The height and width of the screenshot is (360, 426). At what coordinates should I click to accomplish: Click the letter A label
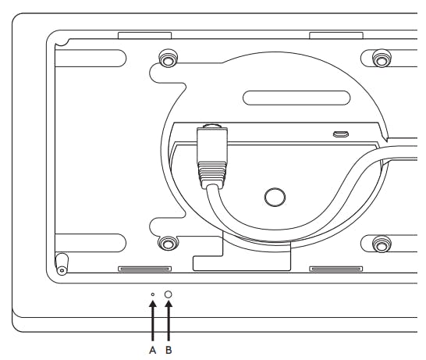[x=153, y=350]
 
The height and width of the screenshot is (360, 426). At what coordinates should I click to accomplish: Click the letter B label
[x=169, y=350]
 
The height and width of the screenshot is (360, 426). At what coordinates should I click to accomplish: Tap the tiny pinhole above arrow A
[x=153, y=294]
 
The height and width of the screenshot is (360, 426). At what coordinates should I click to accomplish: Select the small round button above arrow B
[x=169, y=294]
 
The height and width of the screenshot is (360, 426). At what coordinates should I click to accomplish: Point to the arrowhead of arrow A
[x=153, y=304]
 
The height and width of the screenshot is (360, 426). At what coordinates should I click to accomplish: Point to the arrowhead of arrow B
[x=169, y=304]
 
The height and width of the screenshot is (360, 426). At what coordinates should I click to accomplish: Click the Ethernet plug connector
[x=212, y=158]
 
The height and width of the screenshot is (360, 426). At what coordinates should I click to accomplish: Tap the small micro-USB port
[x=341, y=134]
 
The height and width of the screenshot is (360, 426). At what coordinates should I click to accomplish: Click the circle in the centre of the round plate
[x=275, y=197]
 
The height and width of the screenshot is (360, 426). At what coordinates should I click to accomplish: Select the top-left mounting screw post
[x=169, y=59]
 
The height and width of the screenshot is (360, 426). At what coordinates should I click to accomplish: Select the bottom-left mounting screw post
[x=168, y=244]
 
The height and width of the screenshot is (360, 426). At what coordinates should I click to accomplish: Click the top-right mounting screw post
[x=382, y=59]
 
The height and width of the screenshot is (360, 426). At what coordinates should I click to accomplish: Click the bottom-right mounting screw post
[x=382, y=244]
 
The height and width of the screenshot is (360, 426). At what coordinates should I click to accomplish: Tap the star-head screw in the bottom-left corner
[x=62, y=270]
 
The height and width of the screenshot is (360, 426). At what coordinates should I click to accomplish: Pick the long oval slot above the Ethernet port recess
[x=296, y=98]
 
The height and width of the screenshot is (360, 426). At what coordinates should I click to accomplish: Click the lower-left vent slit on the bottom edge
[x=145, y=269]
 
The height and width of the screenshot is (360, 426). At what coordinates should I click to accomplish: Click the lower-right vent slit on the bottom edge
[x=336, y=269]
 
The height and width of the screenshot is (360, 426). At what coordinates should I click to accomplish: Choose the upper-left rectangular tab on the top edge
[x=144, y=36]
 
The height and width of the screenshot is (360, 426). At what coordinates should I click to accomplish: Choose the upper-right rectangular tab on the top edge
[x=336, y=36]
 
